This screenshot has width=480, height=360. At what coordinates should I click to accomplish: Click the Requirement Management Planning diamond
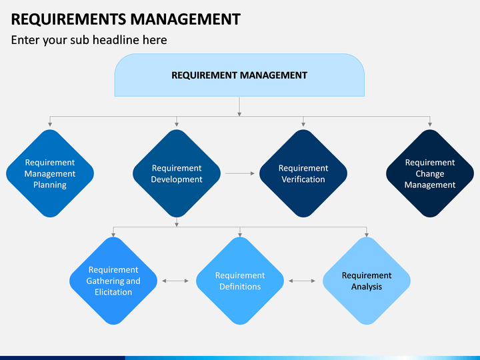50,173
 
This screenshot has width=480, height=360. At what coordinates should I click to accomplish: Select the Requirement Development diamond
177,173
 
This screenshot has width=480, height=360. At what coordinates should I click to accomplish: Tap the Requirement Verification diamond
303,173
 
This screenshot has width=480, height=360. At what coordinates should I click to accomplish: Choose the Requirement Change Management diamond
430,173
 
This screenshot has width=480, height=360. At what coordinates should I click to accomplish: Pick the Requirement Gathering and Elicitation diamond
113,281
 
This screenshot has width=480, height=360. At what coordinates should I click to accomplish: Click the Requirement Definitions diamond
240,281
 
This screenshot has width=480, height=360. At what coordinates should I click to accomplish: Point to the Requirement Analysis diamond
367,281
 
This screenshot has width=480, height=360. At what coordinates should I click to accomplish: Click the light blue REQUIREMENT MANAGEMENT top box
239,75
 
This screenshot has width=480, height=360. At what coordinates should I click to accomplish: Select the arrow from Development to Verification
240,173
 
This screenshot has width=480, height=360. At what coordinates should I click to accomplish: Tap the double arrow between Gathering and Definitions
175,281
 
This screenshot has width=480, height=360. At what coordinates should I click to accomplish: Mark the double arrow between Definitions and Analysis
302,281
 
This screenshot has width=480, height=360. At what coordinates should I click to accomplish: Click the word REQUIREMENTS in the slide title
69,19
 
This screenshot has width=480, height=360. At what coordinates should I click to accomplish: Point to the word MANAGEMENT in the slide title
185,19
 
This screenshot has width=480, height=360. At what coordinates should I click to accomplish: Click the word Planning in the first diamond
50,185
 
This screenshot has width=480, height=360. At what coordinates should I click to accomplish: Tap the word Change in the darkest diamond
430,173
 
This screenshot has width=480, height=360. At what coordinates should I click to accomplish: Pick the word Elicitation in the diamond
113,292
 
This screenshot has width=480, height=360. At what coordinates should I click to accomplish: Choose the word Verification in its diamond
303,179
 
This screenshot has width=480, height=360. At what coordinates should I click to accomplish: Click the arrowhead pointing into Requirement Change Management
430,125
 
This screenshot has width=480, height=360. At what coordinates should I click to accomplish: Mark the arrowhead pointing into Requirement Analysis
367,235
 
